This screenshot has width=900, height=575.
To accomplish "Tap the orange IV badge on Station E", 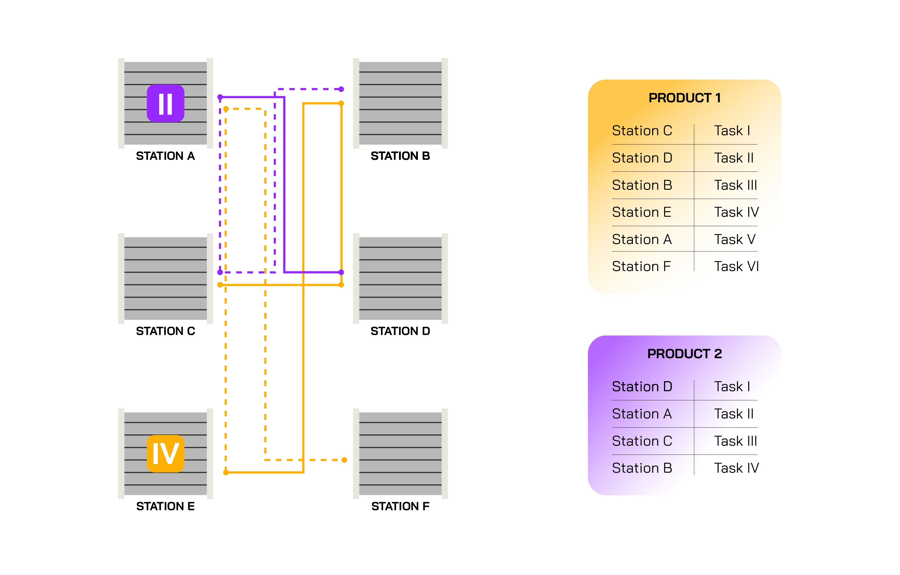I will tap(165, 454).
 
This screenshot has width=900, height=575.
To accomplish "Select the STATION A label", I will tap(165, 156).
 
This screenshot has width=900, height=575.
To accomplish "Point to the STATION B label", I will tap(400, 156).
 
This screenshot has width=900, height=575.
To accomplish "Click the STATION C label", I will tap(165, 331).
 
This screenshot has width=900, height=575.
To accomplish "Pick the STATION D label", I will tap(400, 331).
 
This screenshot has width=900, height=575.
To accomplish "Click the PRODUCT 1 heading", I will tap(684, 98).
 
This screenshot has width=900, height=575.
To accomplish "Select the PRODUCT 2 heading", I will tap(684, 354).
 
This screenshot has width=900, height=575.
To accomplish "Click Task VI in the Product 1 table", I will tap(736, 266).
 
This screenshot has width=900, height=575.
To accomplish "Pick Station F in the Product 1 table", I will tap(641, 266).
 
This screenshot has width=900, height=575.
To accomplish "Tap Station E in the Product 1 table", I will tap(641, 212).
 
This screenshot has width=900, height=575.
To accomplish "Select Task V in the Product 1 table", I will tap(735, 239).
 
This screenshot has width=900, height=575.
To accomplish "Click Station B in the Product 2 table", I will tap(642, 468).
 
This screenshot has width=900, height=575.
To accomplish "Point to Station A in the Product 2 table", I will tap(642, 414).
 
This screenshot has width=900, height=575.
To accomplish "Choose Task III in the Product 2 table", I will tap(736, 441).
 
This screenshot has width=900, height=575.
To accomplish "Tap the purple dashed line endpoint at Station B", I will tap(341, 89).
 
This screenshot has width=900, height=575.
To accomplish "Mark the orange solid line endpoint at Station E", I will tap(226, 473).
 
